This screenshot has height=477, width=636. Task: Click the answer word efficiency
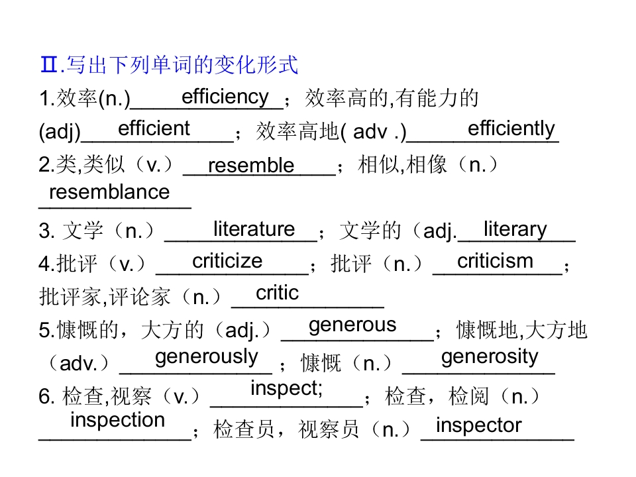tap(225, 97)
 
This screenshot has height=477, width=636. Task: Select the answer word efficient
tap(154, 129)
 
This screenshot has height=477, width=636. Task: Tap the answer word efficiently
tap(511, 129)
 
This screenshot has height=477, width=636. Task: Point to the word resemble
tap(251, 165)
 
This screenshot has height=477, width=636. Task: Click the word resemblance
tap(109, 192)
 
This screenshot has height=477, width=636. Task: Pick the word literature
tap(254, 229)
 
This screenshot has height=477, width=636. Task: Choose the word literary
tap(515, 230)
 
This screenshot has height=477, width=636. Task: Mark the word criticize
tap(227, 261)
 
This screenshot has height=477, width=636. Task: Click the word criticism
tap(496, 261)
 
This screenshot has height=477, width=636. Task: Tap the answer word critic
tap(278, 292)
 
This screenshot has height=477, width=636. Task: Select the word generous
tap(352, 325)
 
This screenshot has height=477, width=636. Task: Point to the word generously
tap(207, 357)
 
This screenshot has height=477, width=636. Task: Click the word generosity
tap(490, 357)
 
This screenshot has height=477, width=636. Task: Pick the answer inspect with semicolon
tap(286, 389)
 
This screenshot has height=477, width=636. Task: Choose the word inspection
tap(118, 420)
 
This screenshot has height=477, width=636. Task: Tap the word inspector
tap(478, 426)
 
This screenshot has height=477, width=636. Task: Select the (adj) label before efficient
tap(60, 132)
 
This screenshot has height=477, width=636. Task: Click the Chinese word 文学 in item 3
tap(83, 231)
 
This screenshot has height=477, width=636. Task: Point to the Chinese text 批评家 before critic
tap(70, 297)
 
